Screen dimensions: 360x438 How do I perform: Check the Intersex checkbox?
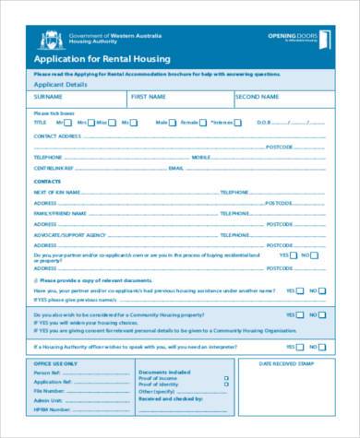(x=237, y=122)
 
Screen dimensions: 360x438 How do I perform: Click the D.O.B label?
(x=262, y=122)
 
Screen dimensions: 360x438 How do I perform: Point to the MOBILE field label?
(x=201, y=158)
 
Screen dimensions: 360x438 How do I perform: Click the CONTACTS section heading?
(x=47, y=182)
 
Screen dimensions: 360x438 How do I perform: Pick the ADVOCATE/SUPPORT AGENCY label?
(x=69, y=234)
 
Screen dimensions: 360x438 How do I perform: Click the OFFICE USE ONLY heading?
(x=55, y=363)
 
